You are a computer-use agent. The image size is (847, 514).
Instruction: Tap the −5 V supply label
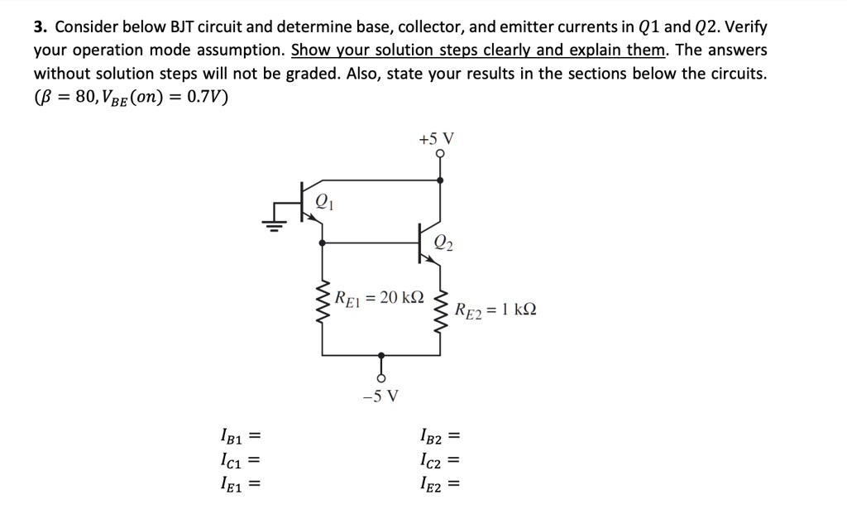pos(380,395)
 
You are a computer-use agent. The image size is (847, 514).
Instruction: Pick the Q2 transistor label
pos(443,243)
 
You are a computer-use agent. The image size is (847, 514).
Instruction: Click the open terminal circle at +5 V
pos(439,154)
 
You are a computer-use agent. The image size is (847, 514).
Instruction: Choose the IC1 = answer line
pos(239,459)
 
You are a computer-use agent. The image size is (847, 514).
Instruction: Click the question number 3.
pos(39,26)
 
